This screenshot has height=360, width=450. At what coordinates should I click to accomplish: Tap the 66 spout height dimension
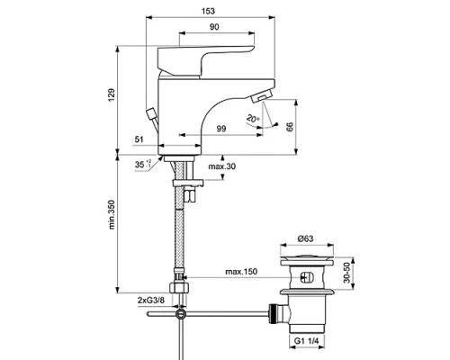coord(290,127)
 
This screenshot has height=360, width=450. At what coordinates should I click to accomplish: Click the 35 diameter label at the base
coord(140,166)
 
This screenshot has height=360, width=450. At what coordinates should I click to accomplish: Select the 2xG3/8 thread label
coord(150,298)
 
